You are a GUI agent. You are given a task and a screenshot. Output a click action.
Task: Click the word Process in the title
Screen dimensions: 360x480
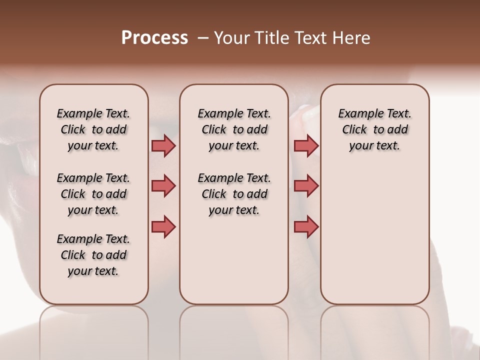[x=154, y=38]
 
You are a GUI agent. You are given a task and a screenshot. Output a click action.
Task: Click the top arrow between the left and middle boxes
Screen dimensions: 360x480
[x=163, y=146]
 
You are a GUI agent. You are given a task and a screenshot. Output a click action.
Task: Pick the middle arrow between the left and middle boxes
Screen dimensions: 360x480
[x=163, y=186]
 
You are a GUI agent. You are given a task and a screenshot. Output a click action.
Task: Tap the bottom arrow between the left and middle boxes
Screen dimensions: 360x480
[x=163, y=226]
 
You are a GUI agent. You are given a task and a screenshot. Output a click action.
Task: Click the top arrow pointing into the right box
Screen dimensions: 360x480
[x=306, y=146]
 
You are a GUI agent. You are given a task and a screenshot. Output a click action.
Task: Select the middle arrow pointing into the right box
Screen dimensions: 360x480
[x=306, y=186]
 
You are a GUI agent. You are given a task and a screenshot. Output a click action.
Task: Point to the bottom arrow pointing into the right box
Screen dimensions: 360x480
[x=306, y=226]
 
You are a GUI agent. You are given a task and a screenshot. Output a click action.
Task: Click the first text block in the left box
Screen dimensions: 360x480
[x=93, y=129]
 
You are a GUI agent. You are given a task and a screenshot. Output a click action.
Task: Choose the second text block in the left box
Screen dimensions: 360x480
[x=93, y=194]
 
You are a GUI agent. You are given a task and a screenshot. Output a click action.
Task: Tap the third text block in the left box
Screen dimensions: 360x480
[x=93, y=255]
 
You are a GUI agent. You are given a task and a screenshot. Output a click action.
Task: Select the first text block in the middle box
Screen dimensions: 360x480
[x=234, y=129]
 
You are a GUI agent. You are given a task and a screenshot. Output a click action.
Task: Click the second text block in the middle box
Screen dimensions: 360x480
[x=234, y=194]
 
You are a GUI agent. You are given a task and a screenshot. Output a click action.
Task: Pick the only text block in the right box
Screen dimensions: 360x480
[x=374, y=129]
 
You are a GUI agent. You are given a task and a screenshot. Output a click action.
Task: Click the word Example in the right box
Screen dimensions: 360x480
[x=357, y=114]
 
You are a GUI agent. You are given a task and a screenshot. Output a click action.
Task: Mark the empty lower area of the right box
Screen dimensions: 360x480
[x=374, y=235]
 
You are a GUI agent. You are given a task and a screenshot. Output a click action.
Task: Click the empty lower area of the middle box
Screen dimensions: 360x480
[x=234, y=260]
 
